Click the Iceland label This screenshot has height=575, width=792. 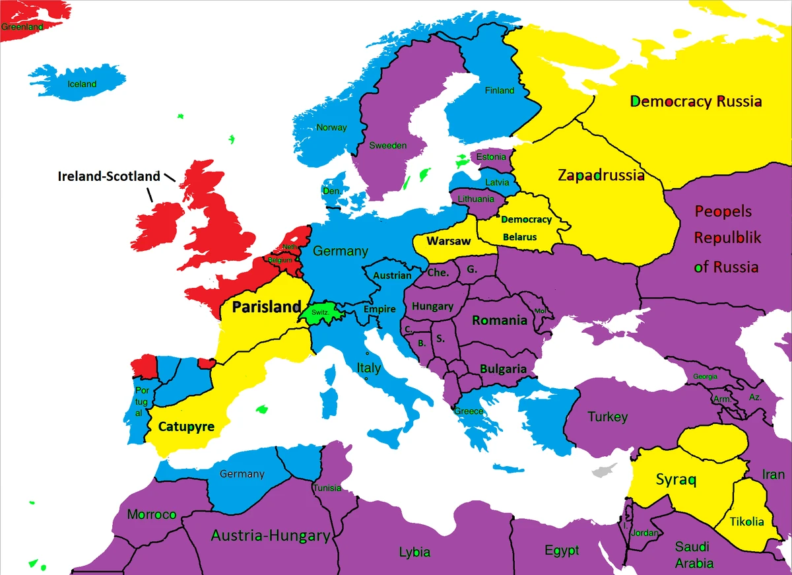(x=82, y=84)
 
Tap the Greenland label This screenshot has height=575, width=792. (x=22, y=27)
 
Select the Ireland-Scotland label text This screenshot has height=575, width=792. (x=109, y=176)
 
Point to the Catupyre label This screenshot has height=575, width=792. (x=186, y=426)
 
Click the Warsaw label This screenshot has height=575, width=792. (x=449, y=241)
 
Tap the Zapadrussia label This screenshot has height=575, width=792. (x=601, y=176)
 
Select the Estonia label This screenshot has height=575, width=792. (x=491, y=157)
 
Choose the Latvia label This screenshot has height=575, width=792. (x=496, y=182)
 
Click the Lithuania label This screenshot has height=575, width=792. (x=475, y=199)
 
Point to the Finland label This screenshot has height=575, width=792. (x=499, y=90)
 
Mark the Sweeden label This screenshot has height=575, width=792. (x=387, y=145)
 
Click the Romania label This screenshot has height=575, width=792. (x=500, y=320)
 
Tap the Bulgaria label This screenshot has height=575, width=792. (x=503, y=369)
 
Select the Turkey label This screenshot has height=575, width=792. (x=607, y=417)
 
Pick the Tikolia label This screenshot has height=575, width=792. (x=747, y=522)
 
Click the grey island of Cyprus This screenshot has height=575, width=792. (x=602, y=471)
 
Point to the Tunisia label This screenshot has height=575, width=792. (x=327, y=488)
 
